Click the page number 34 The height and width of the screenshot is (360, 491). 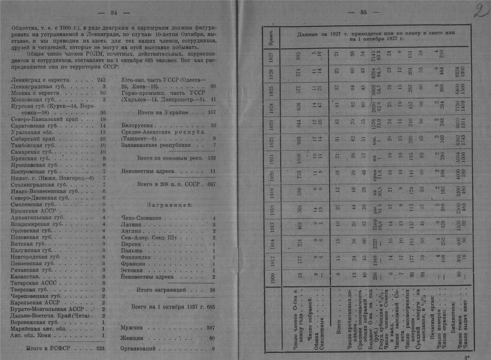(114, 13)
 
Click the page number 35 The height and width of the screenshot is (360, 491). (363, 12)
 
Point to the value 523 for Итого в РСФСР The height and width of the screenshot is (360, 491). (100, 348)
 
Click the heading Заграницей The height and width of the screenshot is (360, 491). (170, 205)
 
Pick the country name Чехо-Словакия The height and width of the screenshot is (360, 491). (141, 218)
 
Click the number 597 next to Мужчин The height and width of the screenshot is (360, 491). (211, 328)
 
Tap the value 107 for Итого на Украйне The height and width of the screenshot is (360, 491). (212, 113)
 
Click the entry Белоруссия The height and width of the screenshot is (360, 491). (137, 126)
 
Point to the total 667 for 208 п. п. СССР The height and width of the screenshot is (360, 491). (211, 184)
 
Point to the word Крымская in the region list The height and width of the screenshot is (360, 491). (24, 211)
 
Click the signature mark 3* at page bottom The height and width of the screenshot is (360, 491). (467, 356)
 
